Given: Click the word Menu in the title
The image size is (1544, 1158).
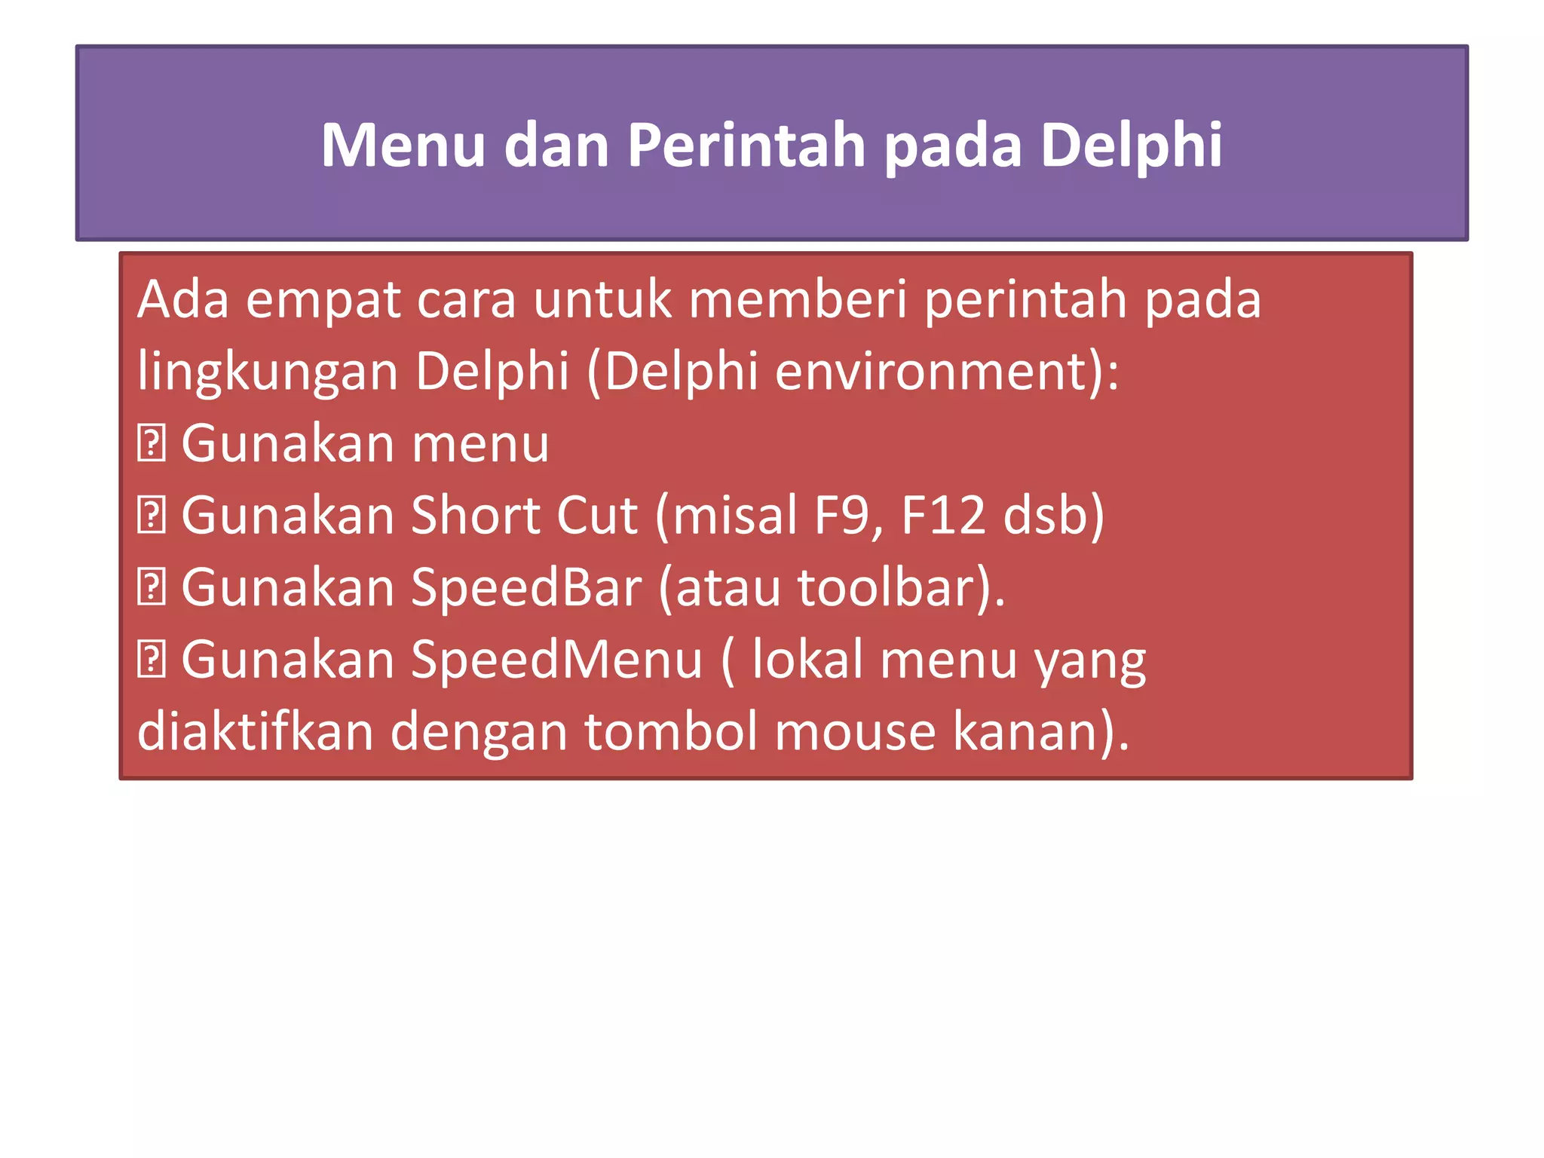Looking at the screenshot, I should pyautogui.click(x=403, y=145).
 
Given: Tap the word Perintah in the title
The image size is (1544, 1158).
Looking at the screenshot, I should pyautogui.click(x=746, y=145).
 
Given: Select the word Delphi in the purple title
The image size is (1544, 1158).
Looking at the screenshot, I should pyautogui.click(x=1131, y=145).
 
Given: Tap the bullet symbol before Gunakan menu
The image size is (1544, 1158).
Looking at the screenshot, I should pyautogui.click(x=151, y=443).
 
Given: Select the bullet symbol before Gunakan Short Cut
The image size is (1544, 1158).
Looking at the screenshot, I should pyautogui.click(x=151, y=516).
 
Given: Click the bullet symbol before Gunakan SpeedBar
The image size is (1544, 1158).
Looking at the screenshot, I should pyautogui.click(x=151, y=588).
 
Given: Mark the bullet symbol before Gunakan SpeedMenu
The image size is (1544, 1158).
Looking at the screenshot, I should pyautogui.click(x=151, y=660).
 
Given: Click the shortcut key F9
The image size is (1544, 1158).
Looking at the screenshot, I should pyautogui.click(x=841, y=516).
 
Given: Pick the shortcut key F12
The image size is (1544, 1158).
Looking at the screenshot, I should pyautogui.click(x=943, y=516).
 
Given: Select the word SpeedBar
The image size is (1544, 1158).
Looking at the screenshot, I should pyautogui.click(x=525, y=588).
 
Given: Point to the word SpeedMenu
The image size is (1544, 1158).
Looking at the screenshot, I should pyautogui.click(x=556, y=660).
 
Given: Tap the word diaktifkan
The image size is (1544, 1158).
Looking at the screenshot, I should pyautogui.click(x=255, y=731).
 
